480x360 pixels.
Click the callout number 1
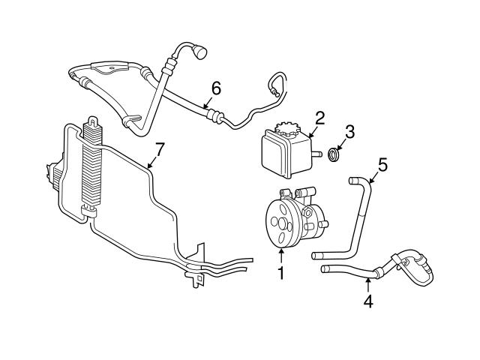point(281,274)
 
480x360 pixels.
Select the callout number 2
point(319,118)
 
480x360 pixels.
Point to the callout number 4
point(368,303)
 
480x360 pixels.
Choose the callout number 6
point(216,88)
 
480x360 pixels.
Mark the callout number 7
point(158,148)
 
